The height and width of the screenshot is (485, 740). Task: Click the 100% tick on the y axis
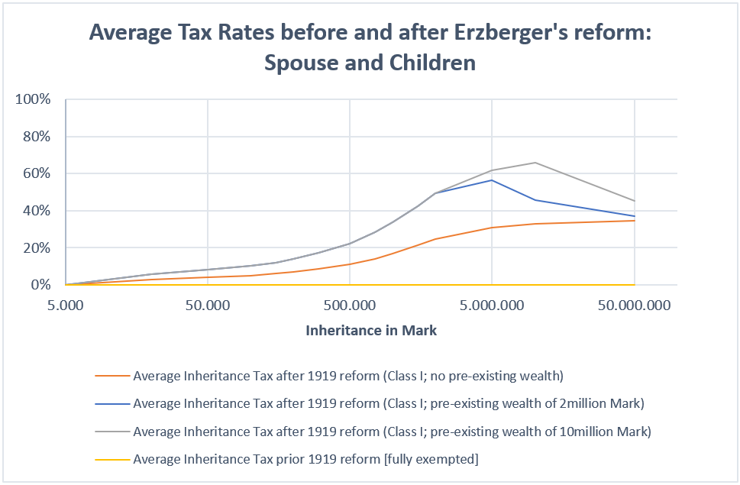[34, 99]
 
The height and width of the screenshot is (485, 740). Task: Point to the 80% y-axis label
[37, 137]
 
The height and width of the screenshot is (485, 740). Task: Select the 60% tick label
[37, 173]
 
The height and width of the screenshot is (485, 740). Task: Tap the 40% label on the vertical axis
[37, 211]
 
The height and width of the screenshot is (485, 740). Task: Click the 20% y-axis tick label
[37, 248]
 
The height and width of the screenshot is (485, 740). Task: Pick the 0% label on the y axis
[41, 285]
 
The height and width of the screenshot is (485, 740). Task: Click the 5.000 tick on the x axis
[66, 306]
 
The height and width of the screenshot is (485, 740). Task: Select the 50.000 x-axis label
[208, 306]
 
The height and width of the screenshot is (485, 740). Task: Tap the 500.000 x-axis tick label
[350, 306]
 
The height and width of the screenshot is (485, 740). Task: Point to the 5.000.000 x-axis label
[492, 306]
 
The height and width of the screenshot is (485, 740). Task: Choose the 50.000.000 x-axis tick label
[634, 306]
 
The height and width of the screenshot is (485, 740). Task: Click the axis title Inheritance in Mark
[371, 331]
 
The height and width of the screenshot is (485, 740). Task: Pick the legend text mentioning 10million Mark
[392, 431]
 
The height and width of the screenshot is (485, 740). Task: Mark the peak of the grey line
[535, 163]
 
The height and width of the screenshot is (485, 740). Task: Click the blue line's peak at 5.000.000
[492, 180]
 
